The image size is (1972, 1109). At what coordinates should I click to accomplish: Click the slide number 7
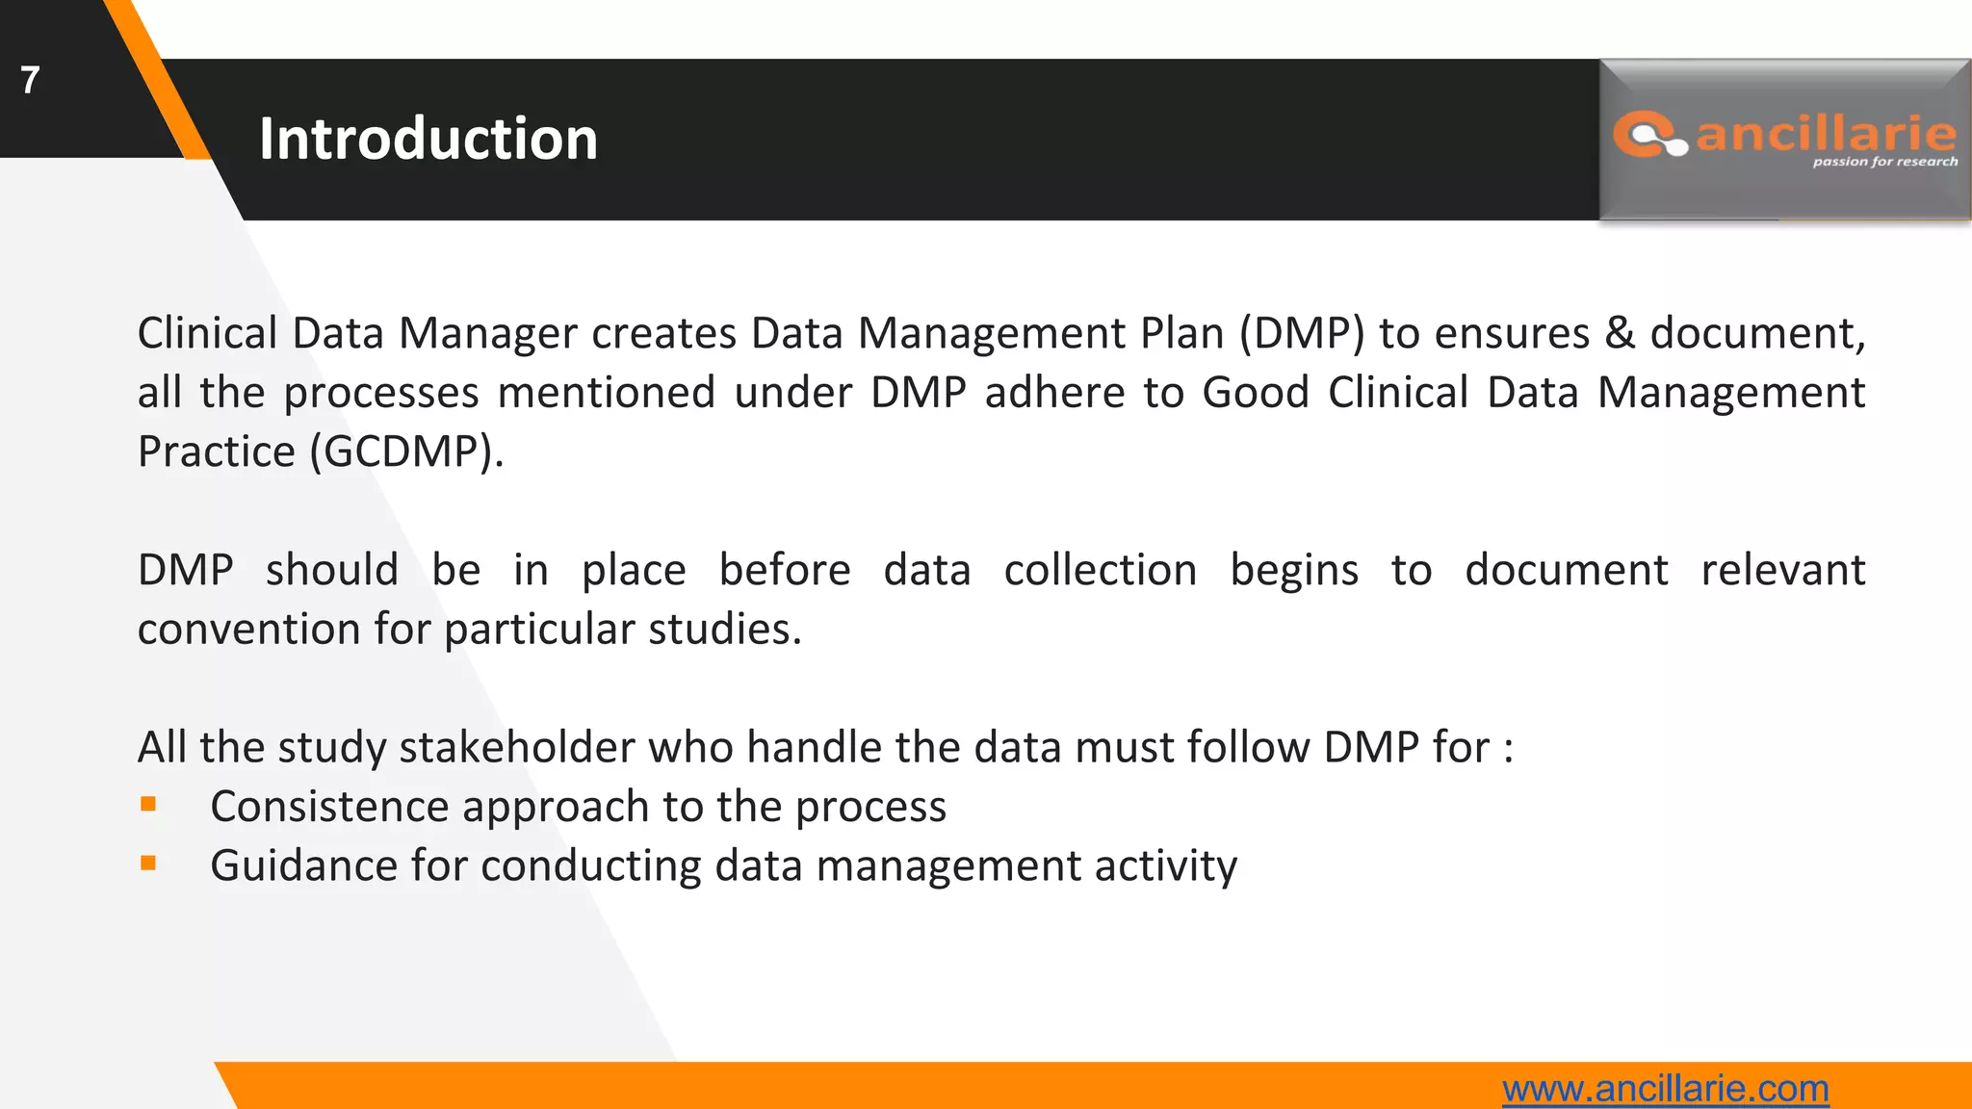pos(30,80)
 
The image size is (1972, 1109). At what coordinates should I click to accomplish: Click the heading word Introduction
pos(428,139)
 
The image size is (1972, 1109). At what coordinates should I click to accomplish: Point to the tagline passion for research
pos(1884,162)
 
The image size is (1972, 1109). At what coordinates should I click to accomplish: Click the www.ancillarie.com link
pos(1665,1089)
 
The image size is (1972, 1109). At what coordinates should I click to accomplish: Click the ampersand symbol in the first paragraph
pos(1620,333)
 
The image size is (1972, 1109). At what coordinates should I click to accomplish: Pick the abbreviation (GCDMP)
pos(406,451)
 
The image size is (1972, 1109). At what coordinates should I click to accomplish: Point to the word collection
pos(1100,570)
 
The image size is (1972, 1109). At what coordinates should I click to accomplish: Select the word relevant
pos(1782,570)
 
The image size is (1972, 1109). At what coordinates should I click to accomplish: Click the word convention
pos(248,630)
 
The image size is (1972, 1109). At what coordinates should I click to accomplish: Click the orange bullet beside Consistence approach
pos(148,805)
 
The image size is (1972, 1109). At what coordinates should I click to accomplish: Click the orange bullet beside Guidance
pos(148,864)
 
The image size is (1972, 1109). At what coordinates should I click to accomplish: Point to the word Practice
pos(216,451)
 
